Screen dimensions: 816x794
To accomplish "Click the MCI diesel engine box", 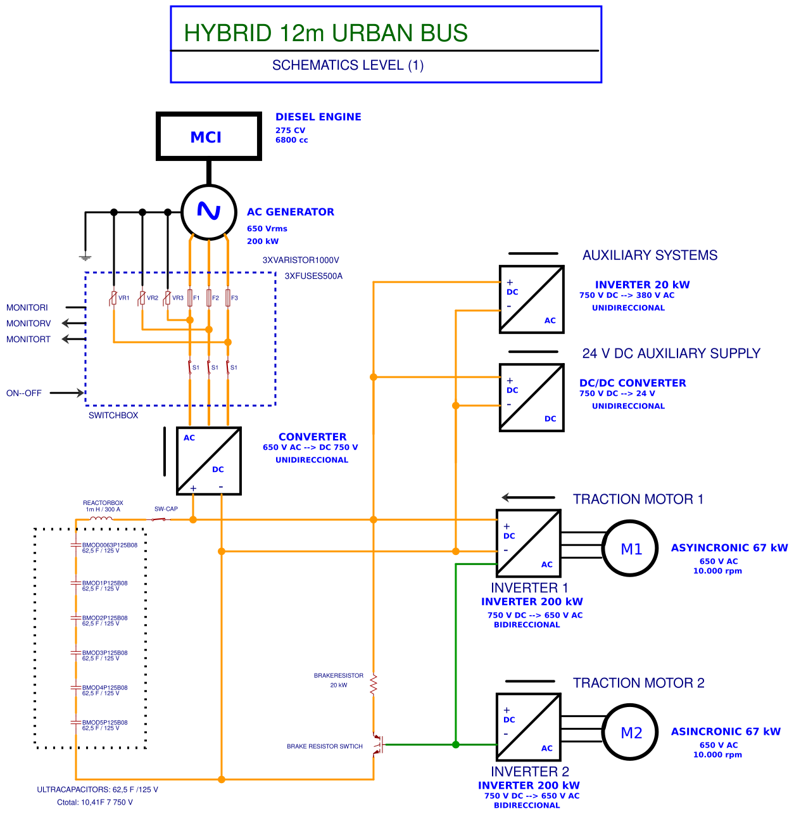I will (208, 137).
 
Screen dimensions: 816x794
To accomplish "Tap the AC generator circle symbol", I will (209, 212).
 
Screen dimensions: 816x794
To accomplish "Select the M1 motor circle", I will (631, 549).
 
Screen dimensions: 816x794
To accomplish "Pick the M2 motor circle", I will (631, 732).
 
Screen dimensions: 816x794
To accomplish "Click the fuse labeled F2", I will (209, 298).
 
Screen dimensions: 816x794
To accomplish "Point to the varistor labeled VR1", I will (113, 298).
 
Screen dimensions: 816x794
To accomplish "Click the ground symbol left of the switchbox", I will (85, 257).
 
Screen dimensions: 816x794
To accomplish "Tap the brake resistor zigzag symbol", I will (374, 685).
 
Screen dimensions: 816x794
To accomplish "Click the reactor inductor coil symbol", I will (101, 519).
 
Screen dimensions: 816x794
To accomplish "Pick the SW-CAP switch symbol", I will (159, 520).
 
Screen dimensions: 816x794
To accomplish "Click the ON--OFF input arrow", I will (66, 393).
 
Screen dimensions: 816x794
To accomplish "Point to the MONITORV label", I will (28, 323).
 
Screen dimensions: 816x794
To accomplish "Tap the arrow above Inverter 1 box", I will (528, 497).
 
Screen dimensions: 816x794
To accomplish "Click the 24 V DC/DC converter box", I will (531, 398).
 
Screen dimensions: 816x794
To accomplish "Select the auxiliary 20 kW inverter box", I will (531, 300).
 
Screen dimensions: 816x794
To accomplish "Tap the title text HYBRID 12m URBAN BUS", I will (325, 33).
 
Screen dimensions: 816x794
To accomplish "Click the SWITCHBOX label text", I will (113, 416).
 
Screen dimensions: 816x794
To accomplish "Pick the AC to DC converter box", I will (208, 461).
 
